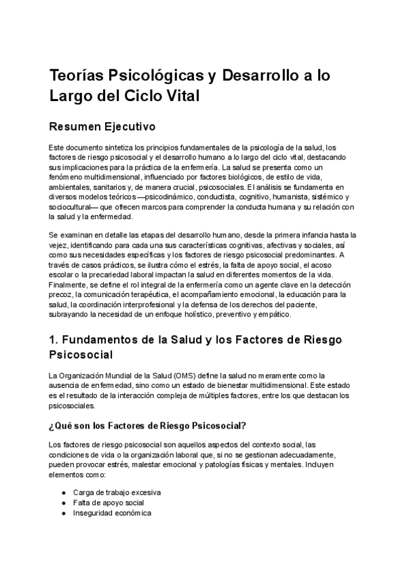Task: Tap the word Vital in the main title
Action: point(178,96)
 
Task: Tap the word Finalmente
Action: point(69,285)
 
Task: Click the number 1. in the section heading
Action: point(55,339)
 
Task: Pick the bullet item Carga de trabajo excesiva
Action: point(117,492)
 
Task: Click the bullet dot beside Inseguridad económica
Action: point(63,513)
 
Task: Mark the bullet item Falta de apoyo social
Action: point(109,502)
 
